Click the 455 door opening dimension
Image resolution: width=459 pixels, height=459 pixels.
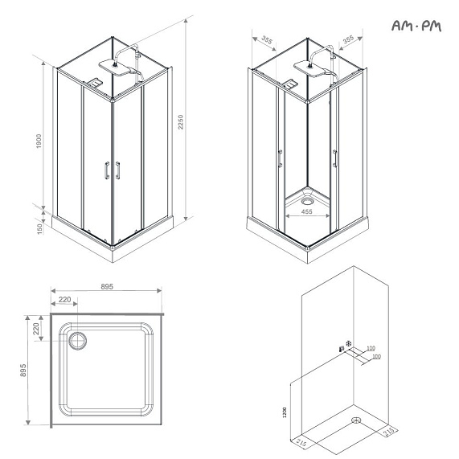click(307, 212)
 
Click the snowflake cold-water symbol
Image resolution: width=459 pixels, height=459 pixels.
click(348, 344)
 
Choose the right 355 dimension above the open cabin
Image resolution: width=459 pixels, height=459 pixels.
click(347, 39)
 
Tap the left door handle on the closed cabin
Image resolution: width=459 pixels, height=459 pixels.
click(105, 170)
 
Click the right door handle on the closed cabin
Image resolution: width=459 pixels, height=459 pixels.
click(118, 170)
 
